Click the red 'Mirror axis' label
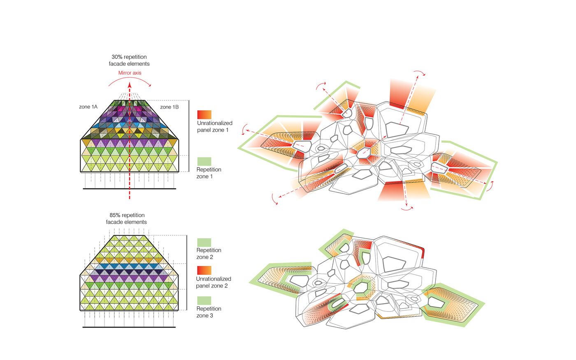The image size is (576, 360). (x=130, y=73)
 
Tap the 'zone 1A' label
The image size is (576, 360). (x=88, y=107)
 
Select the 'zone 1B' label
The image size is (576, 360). (x=169, y=107)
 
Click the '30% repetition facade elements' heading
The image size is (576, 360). (x=129, y=60)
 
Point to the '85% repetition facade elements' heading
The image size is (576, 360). (x=127, y=218)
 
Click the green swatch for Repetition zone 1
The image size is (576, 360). (x=204, y=161)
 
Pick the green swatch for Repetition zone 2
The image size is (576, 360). (x=204, y=242)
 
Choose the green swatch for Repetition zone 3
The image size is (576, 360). (x=204, y=301)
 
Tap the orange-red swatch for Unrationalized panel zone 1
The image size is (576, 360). (x=204, y=114)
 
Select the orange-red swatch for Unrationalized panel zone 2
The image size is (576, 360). (x=204, y=270)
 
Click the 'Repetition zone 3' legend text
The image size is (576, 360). (x=209, y=312)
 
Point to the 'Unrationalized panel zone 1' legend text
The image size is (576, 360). (x=214, y=127)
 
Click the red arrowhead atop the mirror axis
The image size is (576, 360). (x=130, y=84)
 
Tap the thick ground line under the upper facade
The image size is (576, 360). (x=130, y=189)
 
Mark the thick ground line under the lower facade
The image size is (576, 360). (x=129, y=327)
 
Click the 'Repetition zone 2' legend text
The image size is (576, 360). (x=209, y=254)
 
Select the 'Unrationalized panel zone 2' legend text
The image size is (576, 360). (x=214, y=282)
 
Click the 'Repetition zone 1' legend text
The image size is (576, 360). (x=209, y=173)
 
